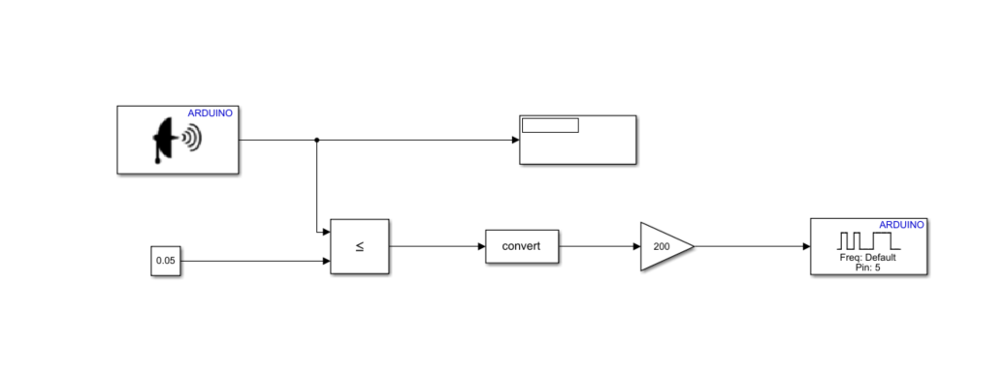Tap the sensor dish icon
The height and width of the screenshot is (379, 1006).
pyautogui.click(x=175, y=142)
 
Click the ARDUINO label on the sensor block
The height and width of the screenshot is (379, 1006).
pyautogui.click(x=211, y=113)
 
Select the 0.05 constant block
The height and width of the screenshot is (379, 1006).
pyautogui.click(x=166, y=262)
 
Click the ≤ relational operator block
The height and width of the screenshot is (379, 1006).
pyautogui.click(x=359, y=246)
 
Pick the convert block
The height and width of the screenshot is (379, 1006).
pyautogui.click(x=523, y=246)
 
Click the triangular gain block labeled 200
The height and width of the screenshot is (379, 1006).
pyautogui.click(x=664, y=246)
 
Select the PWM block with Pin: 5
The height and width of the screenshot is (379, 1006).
pyautogui.click(x=868, y=246)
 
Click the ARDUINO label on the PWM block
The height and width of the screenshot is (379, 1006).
pyautogui.click(x=901, y=224)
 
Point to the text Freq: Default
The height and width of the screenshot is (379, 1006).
pyautogui.click(x=867, y=258)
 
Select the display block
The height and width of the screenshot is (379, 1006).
pyautogui.click(x=578, y=141)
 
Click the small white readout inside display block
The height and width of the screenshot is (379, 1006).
pyautogui.click(x=550, y=125)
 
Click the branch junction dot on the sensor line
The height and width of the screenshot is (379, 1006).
pyautogui.click(x=317, y=141)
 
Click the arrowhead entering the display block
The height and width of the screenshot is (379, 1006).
pyautogui.click(x=515, y=141)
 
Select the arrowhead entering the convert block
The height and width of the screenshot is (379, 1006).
pyautogui.click(x=481, y=246)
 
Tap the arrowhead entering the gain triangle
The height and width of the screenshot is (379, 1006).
pyautogui.click(x=636, y=246)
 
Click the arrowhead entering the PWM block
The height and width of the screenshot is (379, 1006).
pyautogui.click(x=806, y=246)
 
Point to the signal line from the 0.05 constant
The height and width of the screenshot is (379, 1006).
pyautogui.click(x=252, y=262)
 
